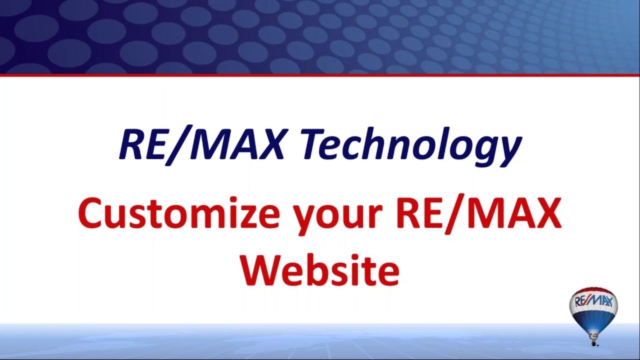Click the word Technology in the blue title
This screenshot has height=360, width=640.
[410, 145]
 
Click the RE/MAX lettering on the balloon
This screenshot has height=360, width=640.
[593, 301]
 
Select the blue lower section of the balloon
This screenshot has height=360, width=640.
[593, 318]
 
